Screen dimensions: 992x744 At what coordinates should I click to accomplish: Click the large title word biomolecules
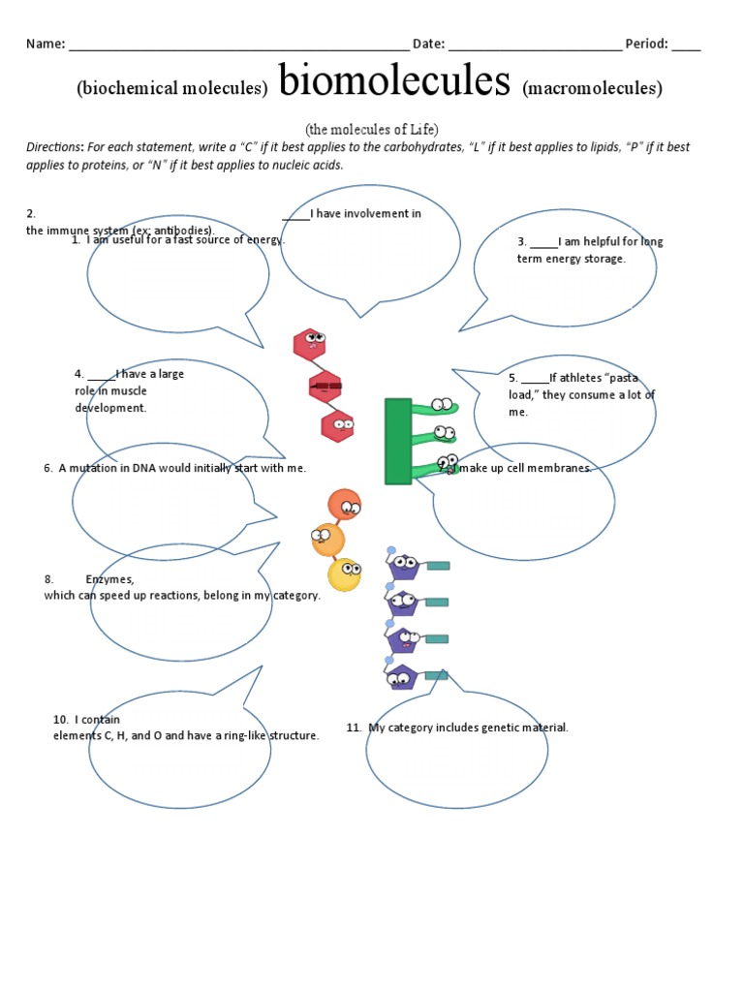[x=393, y=83]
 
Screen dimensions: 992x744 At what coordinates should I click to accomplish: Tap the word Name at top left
[x=44, y=44]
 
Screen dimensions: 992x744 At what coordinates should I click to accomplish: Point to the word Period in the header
[x=645, y=44]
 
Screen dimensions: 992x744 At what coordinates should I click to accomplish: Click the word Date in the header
[x=428, y=44]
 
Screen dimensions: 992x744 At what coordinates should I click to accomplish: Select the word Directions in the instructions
[x=55, y=147]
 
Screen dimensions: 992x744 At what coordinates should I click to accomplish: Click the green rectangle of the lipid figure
[x=398, y=441]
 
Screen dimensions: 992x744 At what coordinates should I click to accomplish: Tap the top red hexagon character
[x=310, y=343]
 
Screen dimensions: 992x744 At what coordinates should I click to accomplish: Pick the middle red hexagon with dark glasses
[x=325, y=387]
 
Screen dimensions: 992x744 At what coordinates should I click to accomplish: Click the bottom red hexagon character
[x=338, y=425]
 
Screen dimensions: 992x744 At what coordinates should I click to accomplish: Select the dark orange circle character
[x=344, y=505]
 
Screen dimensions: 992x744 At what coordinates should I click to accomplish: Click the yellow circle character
[x=345, y=574]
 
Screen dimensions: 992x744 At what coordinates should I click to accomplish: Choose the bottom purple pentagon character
[x=401, y=676]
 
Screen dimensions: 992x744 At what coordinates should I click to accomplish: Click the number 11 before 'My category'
[x=354, y=728]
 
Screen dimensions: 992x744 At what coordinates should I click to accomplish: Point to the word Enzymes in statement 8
[x=109, y=579]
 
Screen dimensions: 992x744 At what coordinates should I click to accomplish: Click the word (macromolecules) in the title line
[x=592, y=89]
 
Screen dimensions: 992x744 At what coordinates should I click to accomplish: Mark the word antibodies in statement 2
[x=183, y=230]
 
